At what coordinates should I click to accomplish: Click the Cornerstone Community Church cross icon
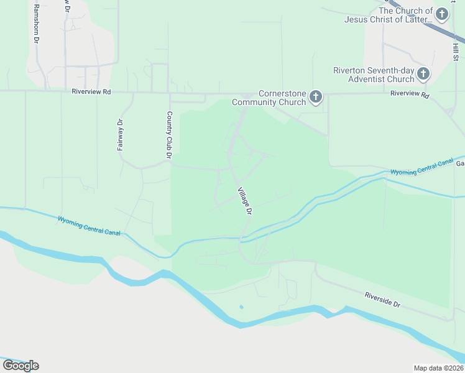click(316, 96)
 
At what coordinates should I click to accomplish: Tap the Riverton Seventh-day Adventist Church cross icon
click(423, 74)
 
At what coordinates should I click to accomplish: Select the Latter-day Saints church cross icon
click(442, 14)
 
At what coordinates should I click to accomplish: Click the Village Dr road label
click(244, 201)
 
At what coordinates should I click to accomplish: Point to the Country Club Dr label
click(168, 131)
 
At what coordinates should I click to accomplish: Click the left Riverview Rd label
click(91, 91)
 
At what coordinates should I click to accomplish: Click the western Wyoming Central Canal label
click(89, 226)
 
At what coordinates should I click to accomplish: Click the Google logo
click(21, 366)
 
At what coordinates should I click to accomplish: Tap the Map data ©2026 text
click(439, 368)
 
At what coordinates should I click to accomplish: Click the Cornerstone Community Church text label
click(269, 98)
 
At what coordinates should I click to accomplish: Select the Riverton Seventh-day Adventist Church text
click(373, 75)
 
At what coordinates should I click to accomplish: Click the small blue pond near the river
click(241, 306)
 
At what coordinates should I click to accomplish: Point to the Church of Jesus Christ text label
click(389, 15)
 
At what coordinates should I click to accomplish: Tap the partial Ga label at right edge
click(460, 163)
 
